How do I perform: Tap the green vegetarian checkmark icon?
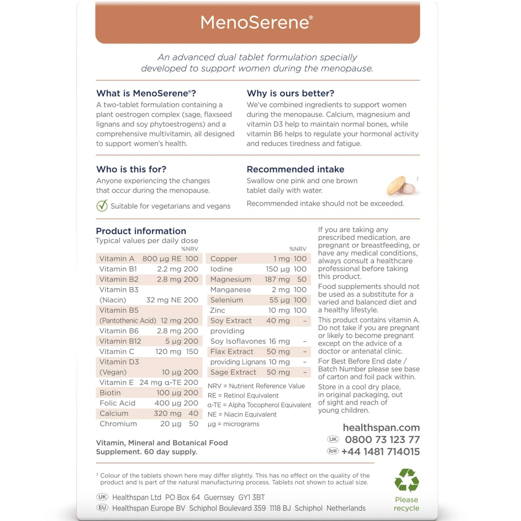(102, 206)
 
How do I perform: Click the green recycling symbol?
(406, 480)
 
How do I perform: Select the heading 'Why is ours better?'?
(290, 93)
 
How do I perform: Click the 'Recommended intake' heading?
(295, 169)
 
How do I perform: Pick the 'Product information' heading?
(141, 231)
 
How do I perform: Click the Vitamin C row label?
(117, 351)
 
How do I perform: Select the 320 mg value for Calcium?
(167, 413)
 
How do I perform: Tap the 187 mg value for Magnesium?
(277, 279)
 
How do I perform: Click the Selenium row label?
(226, 300)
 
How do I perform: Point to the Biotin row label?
(110, 393)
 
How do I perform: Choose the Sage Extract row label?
(233, 372)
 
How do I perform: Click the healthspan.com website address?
(381, 427)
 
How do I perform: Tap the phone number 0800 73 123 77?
(382, 439)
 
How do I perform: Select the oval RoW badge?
(333, 451)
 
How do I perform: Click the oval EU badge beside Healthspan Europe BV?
(102, 507)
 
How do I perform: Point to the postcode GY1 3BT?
(251, 497)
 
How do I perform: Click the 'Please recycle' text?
(406, 504)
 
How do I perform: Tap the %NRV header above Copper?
(298, 249)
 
